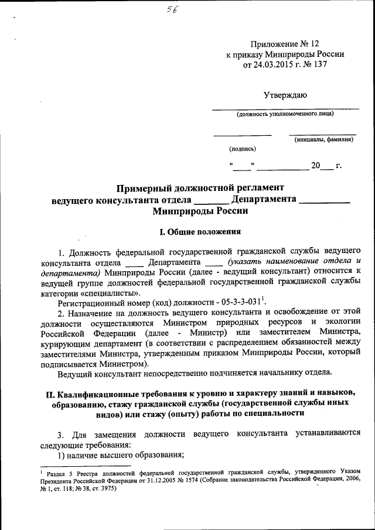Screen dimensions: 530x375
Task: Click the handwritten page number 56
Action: pyautogui.click(x=172, y=9)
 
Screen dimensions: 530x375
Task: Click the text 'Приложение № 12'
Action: pyautogui.click(x=285, y=44)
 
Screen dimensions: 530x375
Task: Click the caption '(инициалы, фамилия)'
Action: pyautogui.click(x=323, y=139)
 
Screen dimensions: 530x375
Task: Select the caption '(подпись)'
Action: pyautogui.click(x=243, y=149)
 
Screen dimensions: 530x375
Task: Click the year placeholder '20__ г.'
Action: pyautogui.click(x=326, y=166)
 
